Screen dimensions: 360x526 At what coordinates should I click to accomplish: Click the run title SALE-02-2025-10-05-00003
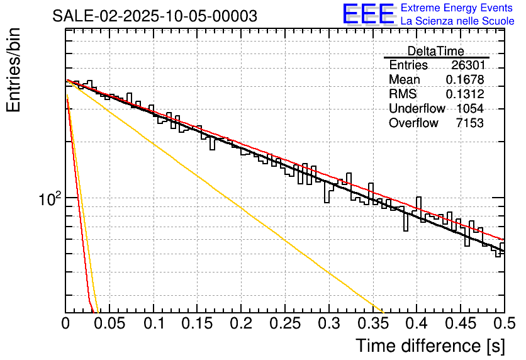pyautogui.click(x=155, y=16)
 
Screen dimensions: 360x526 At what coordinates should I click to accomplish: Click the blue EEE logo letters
pyautogui.click(x=368, y=14)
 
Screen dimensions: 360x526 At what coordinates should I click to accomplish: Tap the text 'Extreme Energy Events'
pyautogui.click(x=457, y=8)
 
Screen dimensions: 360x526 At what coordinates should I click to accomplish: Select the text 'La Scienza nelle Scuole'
pyautogui.click(x=457, y=21)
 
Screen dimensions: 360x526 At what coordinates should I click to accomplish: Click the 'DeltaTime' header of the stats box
pyautogui.click(x=436, y=51)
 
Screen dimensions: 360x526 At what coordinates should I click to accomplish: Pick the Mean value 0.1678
pyautogui.click(x=465, y=80)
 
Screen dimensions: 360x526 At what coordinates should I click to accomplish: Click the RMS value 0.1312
pyautogui.click(x=465, y=94)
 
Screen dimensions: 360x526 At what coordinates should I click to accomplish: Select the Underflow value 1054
pyautogui.click(x=470, y=109)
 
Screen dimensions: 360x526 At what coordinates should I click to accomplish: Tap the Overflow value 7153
pyautogui.click(x=470, y=123)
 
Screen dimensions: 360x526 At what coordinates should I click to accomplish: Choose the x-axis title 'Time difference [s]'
pyautogui.click(x=430, y=346)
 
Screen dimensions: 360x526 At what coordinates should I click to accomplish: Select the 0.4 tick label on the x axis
pyautogui.click(x=417, y=323)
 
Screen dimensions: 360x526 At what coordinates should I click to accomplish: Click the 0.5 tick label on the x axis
pyautogui.click(x=504, y=323)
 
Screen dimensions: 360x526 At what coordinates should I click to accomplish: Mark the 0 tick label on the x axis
pyautogui.click(x=66, y=323)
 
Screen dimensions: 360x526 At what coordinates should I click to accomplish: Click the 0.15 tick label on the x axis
pyautogui.click(x=197, y=323)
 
